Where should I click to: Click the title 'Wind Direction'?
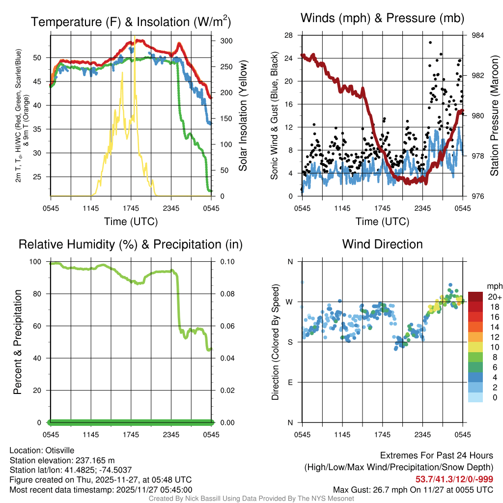coord(382,244)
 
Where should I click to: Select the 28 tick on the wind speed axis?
coord(289,35)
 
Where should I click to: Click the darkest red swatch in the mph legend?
coord(475,297)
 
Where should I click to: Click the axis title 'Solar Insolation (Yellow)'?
coord(243,115)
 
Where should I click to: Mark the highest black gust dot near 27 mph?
coord(430,43)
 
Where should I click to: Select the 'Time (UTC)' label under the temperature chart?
coord(131,222)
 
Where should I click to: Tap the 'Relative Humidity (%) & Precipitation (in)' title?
coord(131,244)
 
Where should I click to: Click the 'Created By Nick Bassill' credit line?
coord(251,499)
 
